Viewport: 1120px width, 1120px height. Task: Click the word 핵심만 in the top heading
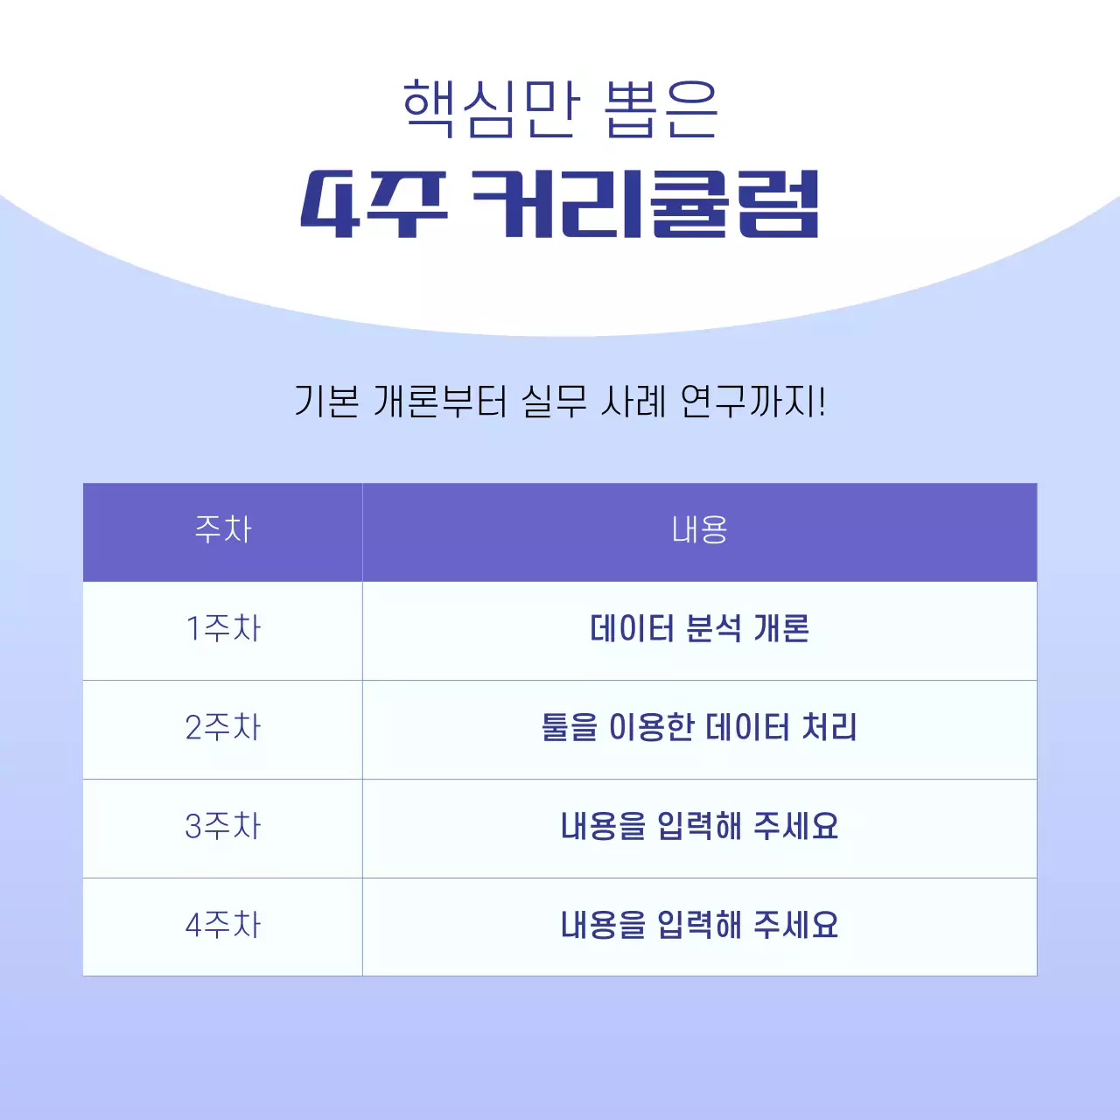[x=491, y=108]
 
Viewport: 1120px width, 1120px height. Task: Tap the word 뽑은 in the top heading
[x=661, y=108]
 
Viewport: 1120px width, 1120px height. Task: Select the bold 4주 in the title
[x=374, y=205]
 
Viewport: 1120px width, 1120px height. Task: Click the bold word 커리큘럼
[x=646, y=205]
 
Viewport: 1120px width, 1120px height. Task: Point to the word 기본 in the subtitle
[x=326, y=402]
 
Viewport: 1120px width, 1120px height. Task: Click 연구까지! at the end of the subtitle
[x=752, y=402]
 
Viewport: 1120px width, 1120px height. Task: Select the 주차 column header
[x=223, y=530]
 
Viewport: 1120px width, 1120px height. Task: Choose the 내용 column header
[x=700, y=530]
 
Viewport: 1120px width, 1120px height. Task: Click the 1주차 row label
[x=223, y=629]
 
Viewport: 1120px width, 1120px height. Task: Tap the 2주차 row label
[x=223, y=728]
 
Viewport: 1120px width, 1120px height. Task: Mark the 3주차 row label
[x=223, y=827]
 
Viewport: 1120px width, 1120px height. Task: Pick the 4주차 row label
[x=223, y=926]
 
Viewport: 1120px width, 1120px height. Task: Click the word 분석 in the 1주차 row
[x=714, y=629]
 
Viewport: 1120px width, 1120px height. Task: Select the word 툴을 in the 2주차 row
[x=569, y=728]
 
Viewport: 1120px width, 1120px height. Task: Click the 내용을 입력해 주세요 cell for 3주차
[x=700, y=827]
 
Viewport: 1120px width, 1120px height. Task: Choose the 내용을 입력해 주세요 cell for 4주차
[x=700, y=926]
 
